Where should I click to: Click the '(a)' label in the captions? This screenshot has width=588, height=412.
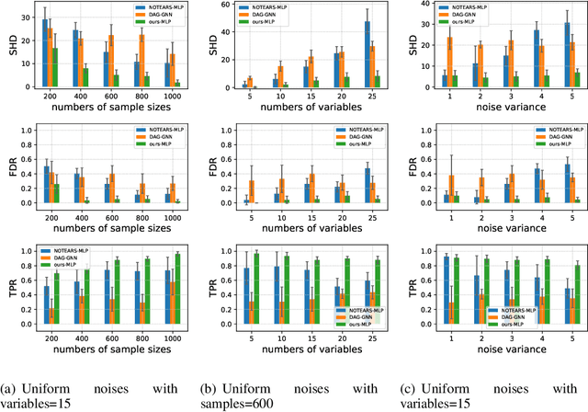tap(10, 386)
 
